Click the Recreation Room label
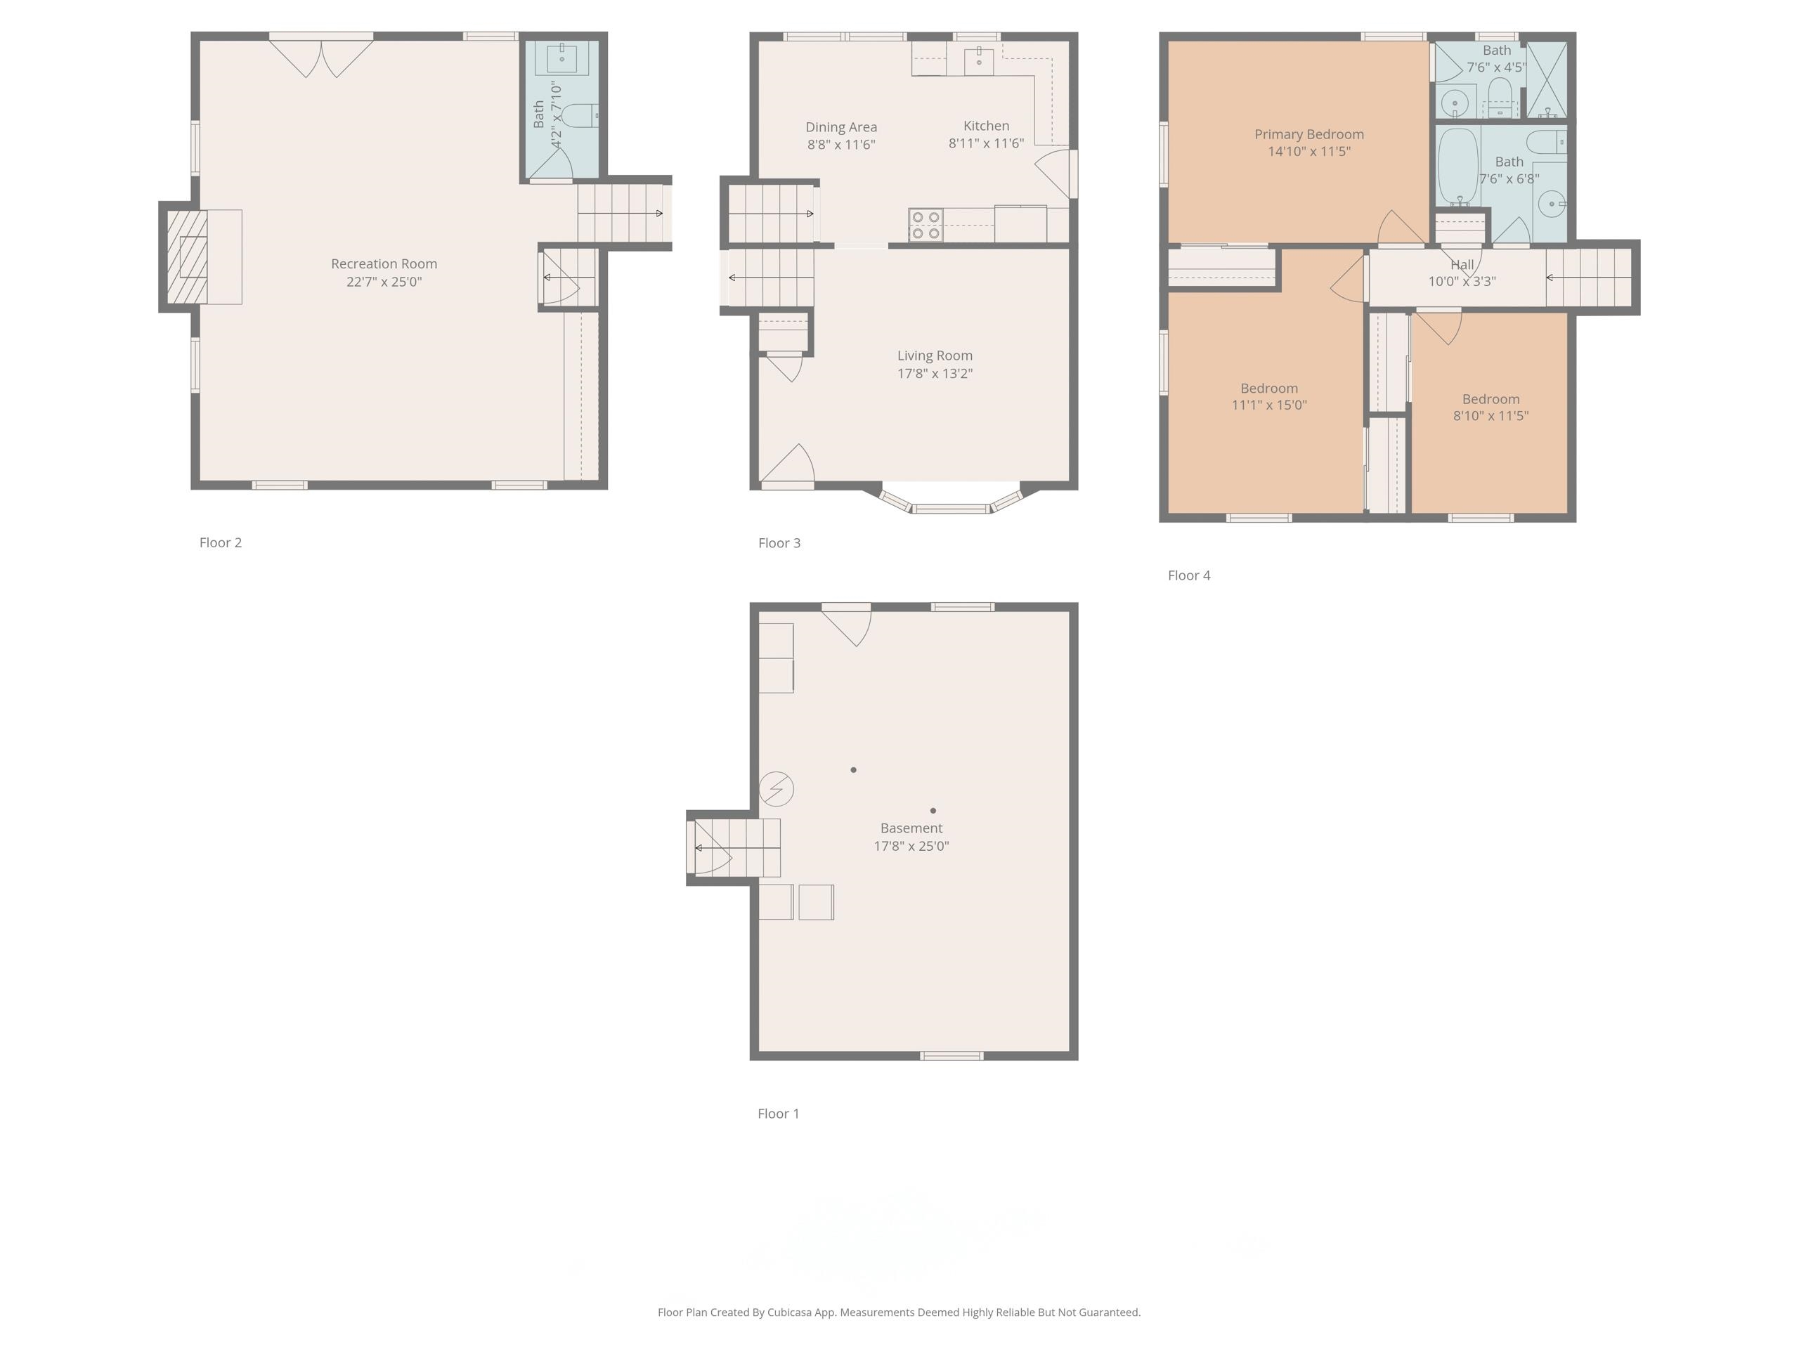(384, 264)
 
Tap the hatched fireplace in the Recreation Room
(187, 257)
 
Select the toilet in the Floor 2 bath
(580, 116)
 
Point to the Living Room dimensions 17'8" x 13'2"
(935, 373)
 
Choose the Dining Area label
(841, 127)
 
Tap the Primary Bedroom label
(1308, 134)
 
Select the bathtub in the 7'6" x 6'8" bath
(1457, 167)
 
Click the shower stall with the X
(1547, 79)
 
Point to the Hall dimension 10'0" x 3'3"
(1462, 281)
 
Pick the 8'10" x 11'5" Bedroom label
(1490, 399)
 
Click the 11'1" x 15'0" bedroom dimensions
(1268, 405)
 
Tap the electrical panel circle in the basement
(777, 789)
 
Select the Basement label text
(911, 828)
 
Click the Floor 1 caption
(779, 1113)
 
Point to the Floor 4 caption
(1189, 575)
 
